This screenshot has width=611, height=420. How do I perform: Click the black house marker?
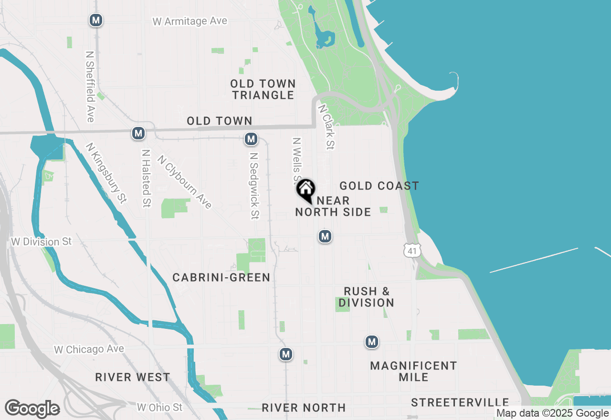click(305, 190)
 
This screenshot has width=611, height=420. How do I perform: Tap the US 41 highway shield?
click(412, 250)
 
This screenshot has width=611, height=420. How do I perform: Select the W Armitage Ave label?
click(190, 21)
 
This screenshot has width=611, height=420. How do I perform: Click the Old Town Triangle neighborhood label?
click(263, 89)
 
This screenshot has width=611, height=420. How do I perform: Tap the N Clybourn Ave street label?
click(184, 182)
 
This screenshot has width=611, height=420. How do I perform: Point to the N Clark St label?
click(326, 127)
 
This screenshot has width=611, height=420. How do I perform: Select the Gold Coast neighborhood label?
click(379, 186)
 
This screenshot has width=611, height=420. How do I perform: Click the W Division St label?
click(41, 242)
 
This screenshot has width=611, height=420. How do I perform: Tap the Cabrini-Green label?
click(221, 277)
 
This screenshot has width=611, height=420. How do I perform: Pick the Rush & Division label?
click(367, 297)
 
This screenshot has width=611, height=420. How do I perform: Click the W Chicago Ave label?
click(89, 349)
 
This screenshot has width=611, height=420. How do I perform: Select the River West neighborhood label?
click(132, 377)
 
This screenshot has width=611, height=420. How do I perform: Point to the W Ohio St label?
click(159, 407)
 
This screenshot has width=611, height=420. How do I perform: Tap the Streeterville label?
click(460, 402)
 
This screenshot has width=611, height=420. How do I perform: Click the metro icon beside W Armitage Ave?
click(96, 20)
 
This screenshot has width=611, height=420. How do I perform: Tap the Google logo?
click(32, 409)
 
